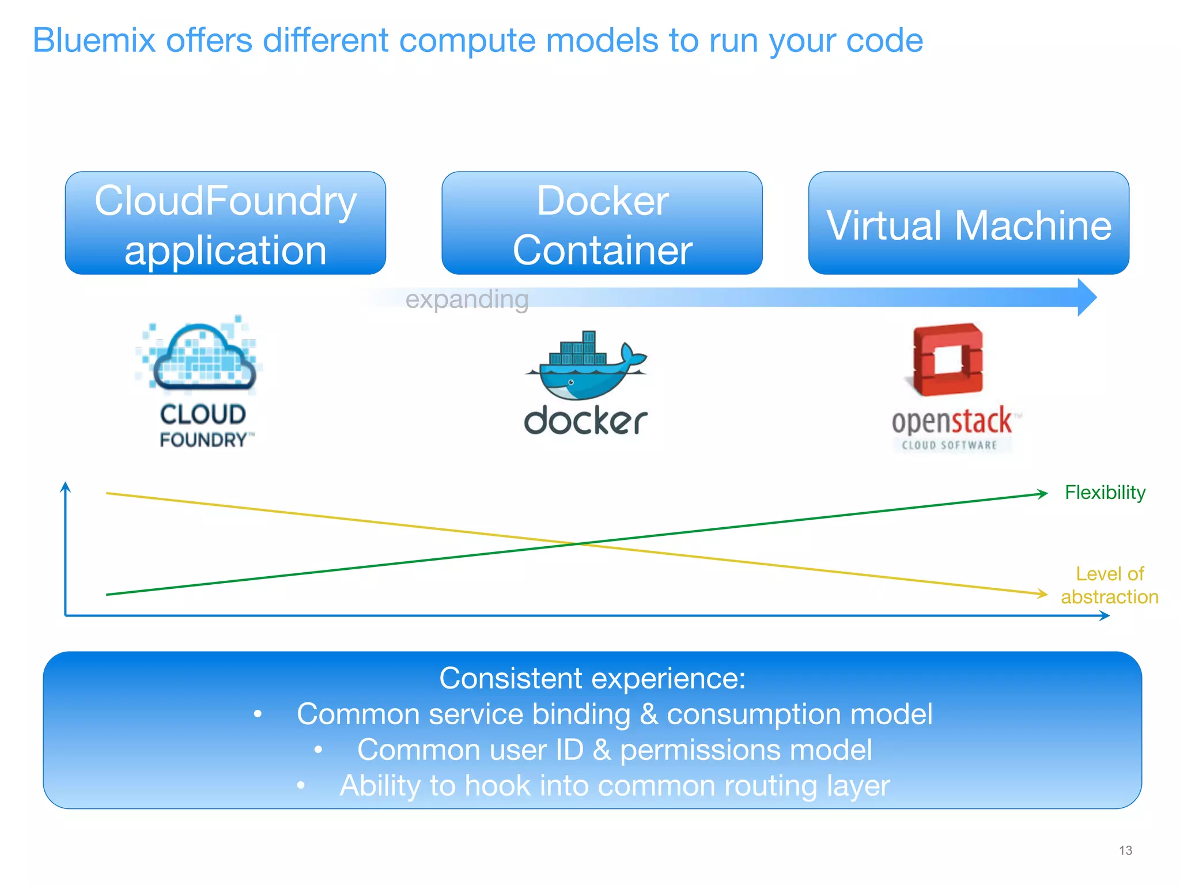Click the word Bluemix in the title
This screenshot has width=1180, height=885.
tap(94, 40)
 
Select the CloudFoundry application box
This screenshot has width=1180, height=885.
tap(225, 224)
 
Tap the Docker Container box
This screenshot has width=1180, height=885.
tap(602, 224)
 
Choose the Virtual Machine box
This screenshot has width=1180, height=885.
tap(969, 224)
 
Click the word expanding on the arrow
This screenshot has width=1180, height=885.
tap(467, 300)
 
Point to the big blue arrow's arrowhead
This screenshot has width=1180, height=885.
tap(1087, 297)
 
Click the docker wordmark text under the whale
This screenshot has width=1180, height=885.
tap(585, 421)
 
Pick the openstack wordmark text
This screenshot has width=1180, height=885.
tap(952, 421)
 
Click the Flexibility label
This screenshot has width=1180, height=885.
tap(1105, 493)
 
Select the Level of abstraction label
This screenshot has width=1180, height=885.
tap(1109, 585)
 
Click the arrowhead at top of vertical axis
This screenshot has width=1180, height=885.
tap(66, 487)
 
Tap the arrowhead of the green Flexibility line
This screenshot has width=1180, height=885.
tap(1043, 493)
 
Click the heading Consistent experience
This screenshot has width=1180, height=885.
tap(592, 678)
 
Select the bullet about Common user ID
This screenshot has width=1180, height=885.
tap(614, 750)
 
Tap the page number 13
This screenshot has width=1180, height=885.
tap(1125, 850)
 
